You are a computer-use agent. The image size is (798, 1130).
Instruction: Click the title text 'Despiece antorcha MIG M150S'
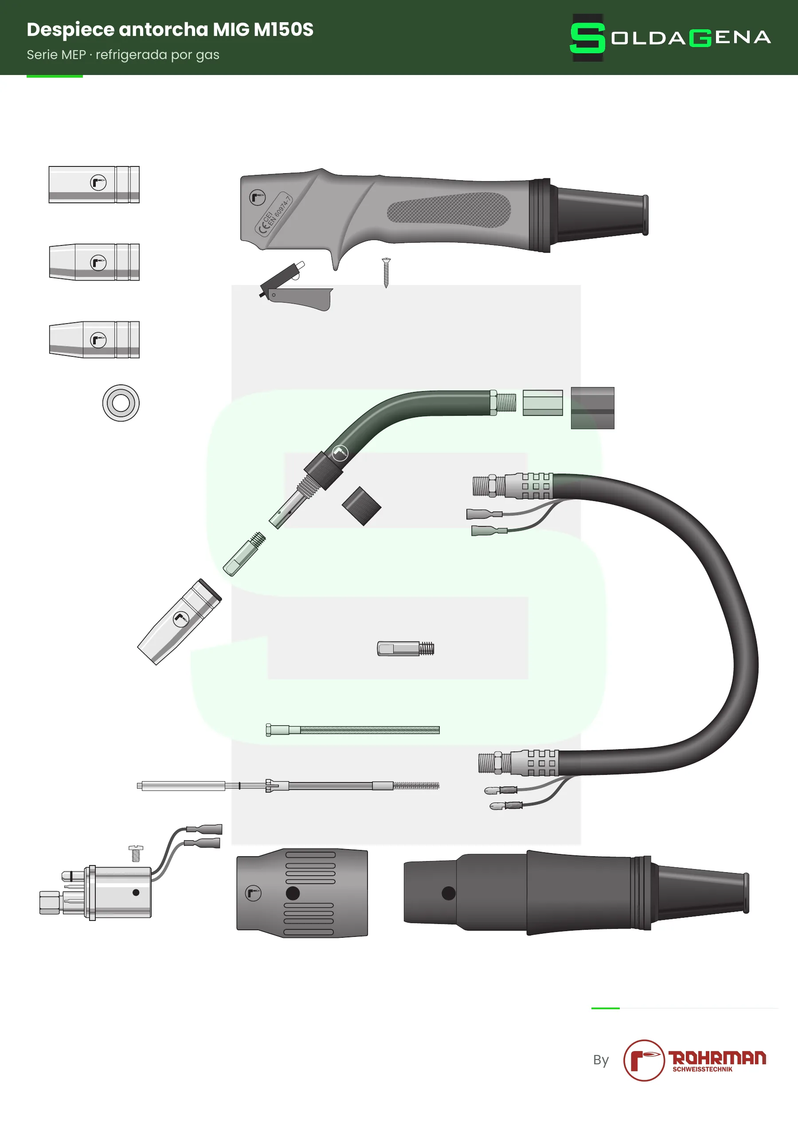[170, 30]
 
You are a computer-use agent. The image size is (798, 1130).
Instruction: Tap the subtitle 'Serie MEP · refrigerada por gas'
[123, 55]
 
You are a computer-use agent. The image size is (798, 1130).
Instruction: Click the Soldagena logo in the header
[670, 37]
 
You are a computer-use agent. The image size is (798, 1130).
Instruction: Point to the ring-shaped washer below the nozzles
[121, 403]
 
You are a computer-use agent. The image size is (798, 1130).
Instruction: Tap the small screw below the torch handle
[386, 273]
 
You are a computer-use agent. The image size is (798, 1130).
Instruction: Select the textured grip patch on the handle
[448, 209]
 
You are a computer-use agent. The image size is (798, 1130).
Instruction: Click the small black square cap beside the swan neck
[361, 506]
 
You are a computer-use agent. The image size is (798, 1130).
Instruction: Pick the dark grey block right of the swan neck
[592, 408]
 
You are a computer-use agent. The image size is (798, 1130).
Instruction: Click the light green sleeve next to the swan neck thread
[543, 403]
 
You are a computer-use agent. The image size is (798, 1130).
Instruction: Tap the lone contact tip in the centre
[406, 649]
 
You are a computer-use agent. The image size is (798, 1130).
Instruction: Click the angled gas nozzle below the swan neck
[180, 622]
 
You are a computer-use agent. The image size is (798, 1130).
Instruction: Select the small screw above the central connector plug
[136, 853]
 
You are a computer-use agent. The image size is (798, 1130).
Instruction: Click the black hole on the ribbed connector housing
[293, 893]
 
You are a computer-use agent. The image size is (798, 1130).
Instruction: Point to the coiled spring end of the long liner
[416, 786]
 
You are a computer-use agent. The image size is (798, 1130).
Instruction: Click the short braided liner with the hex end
[352, 730]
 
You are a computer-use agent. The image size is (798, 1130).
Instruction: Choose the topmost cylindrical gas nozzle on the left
[94, 185]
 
